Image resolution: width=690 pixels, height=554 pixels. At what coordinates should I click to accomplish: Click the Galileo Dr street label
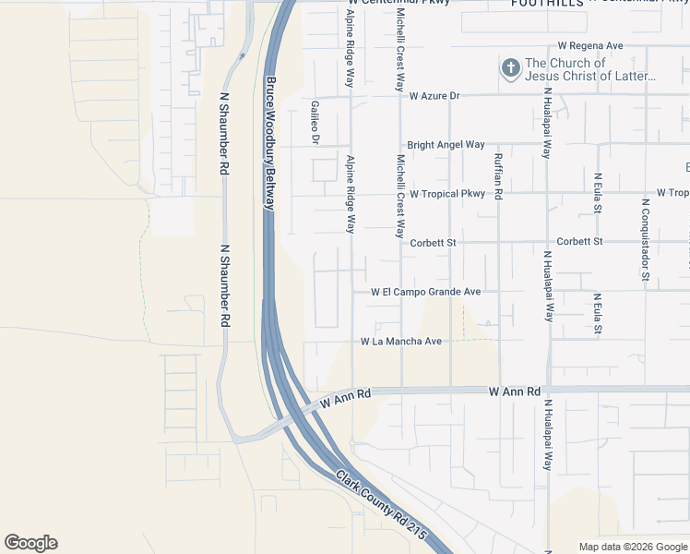tap(315, 123)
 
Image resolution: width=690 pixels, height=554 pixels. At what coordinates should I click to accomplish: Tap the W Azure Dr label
tap(434, 95)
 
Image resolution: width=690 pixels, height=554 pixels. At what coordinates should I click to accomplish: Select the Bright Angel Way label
tap(446, 145)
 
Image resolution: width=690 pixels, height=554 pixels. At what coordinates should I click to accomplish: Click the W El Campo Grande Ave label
tap(426, 292)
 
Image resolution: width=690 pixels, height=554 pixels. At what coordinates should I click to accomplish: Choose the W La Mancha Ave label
tap(401, 342)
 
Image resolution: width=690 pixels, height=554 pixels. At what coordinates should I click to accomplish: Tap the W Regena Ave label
tap(591, 45)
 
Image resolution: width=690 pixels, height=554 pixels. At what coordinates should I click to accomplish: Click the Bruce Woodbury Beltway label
tap(270, 143)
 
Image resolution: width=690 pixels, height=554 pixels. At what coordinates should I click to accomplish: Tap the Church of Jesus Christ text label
tap(590, 69)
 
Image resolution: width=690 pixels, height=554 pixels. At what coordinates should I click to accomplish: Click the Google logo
tap(30, 543)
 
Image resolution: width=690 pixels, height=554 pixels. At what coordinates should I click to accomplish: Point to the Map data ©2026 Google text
tap(633, 547)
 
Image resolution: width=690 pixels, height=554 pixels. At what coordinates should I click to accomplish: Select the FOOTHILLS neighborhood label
tap(548, 4)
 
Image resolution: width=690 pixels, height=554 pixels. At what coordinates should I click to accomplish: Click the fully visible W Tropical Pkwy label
tap(447, 194)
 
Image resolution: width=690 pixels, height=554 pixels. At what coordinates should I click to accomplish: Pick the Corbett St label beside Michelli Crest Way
tap(433, 242)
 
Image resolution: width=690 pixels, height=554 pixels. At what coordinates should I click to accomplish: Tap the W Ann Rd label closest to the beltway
tap(346, 398)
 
